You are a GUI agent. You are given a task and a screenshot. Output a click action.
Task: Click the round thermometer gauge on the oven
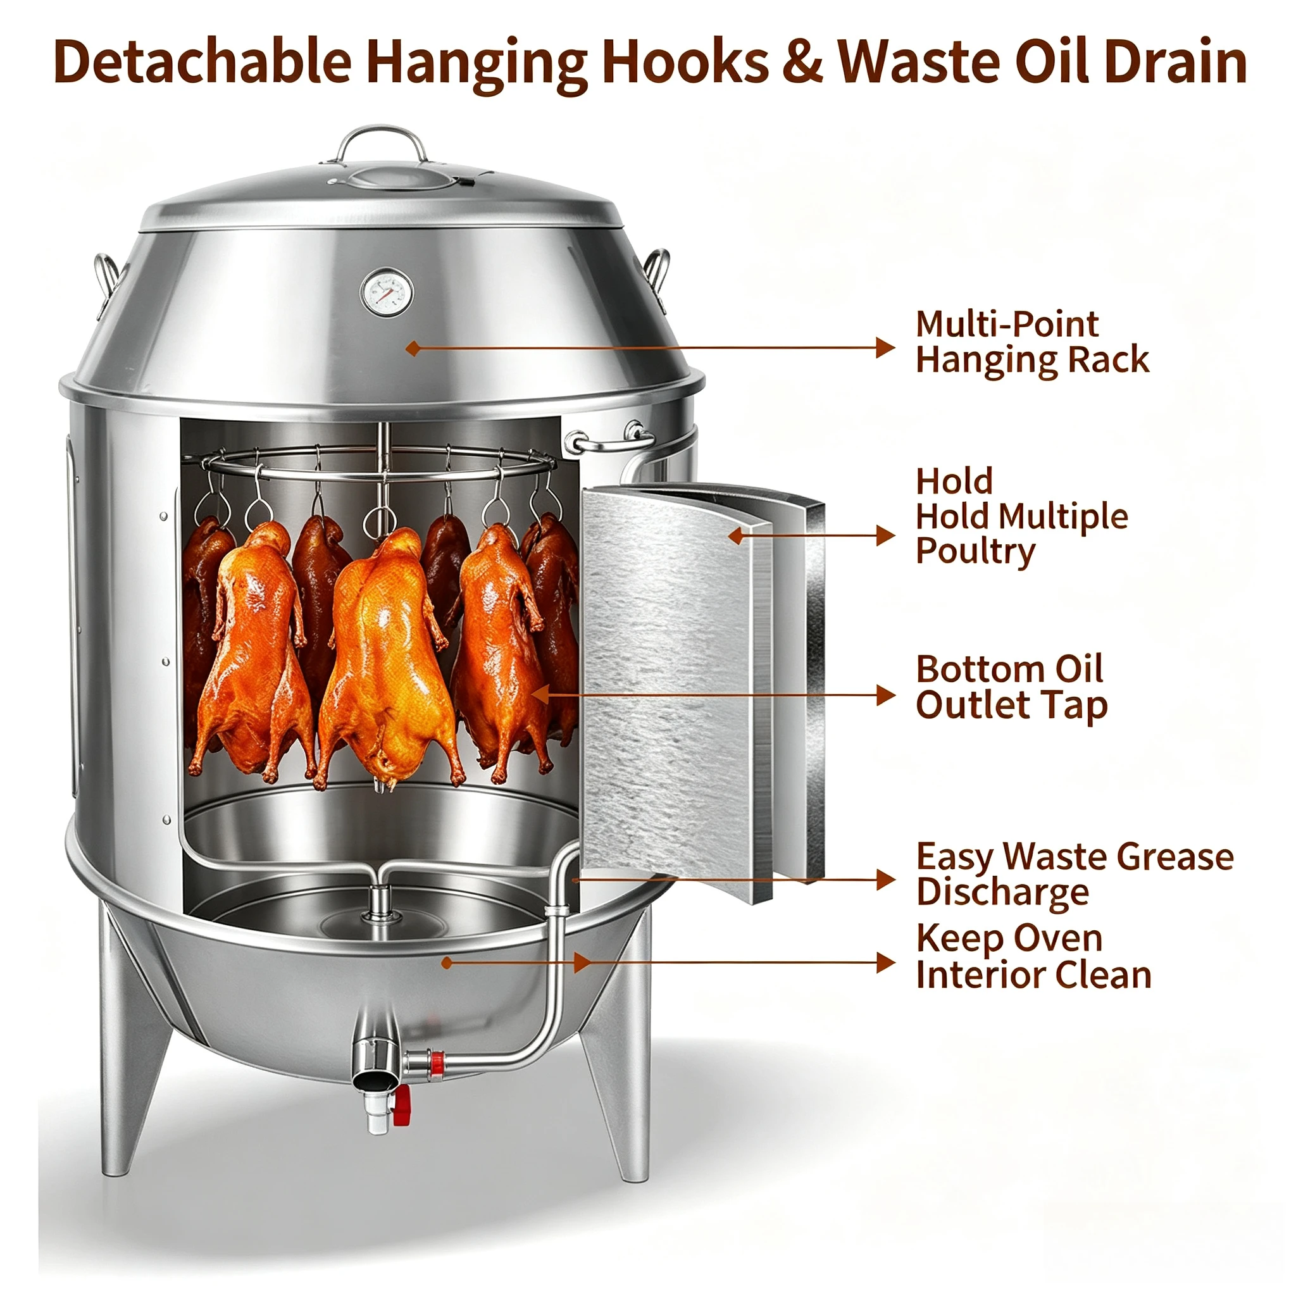pos(387,292)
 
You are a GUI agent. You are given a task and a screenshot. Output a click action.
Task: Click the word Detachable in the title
pos(202,63)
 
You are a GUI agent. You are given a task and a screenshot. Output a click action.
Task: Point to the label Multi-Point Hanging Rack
pos(1032,342)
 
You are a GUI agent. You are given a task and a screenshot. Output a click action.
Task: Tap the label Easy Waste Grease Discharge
pos(1075,874)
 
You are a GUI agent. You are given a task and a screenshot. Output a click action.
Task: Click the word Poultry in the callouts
pos(975,551)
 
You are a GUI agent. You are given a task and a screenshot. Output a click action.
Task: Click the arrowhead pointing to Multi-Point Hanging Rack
pos(885,347)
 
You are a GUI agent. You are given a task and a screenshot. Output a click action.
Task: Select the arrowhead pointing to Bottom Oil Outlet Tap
pos(885,695)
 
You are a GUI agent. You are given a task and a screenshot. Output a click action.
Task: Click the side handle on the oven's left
pos(108,282)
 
